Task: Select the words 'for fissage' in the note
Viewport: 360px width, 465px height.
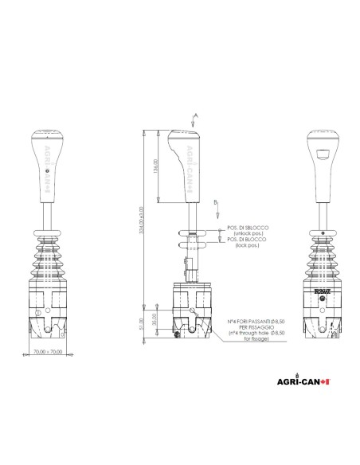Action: [x=251, y=339]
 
